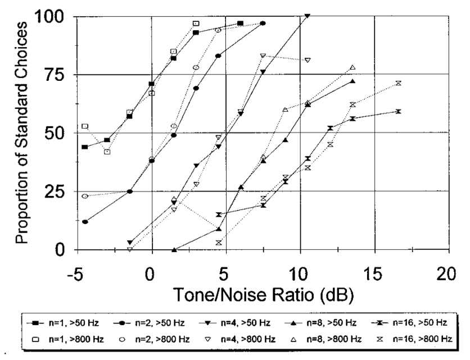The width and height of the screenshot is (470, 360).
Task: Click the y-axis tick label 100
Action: click(51, 17)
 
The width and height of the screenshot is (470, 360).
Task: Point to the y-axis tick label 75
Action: click(56, 75)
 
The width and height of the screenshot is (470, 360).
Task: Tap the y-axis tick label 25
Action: click(56, 192)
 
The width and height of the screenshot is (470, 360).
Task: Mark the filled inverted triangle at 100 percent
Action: click(307, 16)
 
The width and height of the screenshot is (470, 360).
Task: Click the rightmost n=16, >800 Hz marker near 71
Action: click(398, 83)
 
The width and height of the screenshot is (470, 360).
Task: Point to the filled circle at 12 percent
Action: click(85, 222)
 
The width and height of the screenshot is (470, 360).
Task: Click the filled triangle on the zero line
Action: click(174, 250)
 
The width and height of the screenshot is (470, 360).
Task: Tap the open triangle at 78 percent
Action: click(352, 68)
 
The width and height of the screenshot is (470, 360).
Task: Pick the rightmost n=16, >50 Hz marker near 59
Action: click(398, 111)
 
